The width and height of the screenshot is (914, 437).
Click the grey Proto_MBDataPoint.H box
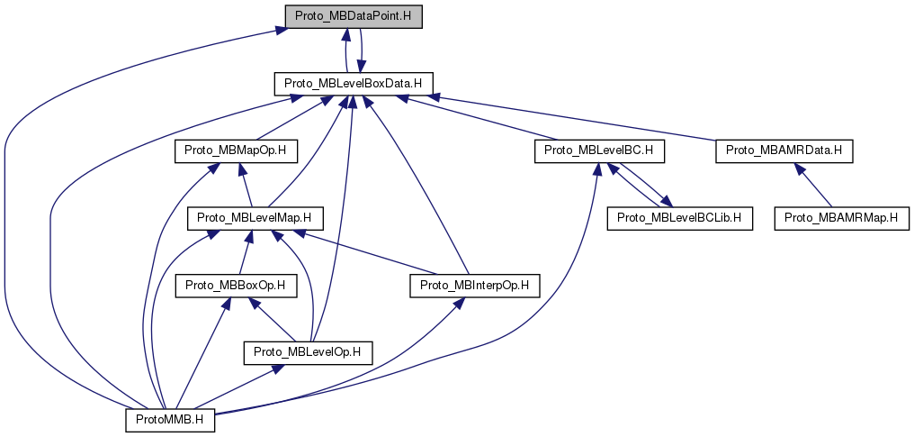[x=352, y=16]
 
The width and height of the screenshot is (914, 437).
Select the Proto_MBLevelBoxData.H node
[x=354, y=84]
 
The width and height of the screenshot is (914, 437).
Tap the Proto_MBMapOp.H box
[x=235, y=150]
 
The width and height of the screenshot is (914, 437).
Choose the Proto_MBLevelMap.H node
[x=255, y=217]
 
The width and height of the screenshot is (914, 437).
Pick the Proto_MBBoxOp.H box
[x=235, y=286]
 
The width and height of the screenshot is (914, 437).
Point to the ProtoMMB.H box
[x=169, y=419]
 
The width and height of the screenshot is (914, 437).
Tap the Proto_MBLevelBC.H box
[x=599, y=150]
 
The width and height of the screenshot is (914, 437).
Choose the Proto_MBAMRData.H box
[x=784, y=150]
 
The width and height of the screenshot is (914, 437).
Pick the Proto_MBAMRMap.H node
[x=843, y=217]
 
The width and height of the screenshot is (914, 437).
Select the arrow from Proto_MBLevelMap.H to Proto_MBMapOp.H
[x=245, y=185]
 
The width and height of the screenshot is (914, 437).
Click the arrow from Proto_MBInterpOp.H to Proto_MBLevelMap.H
[x=369, y=253]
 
